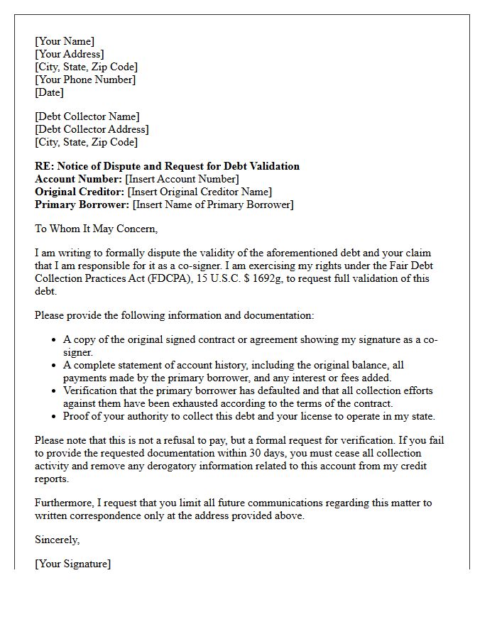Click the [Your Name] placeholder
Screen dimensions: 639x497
pyautogui.click(x=65, y=41)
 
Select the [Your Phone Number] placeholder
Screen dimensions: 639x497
pyautogui.click(x=85, y=80)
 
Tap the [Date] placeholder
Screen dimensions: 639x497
pyautogui.click(x=50, y=92)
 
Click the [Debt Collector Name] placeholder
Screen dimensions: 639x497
pyautogui.click(x=87, y=116)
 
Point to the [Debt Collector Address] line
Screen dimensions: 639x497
pyautogui.click(x=92, y=129)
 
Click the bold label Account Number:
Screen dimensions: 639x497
pyautogui.click(x=78, y=179)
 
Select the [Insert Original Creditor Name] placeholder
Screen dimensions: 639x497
pyautogui.click(x=200, y=192)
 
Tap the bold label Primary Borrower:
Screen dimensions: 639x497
pyautogui.click(x=82, y=204)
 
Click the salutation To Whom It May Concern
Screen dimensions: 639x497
pyautogui.click(x=96, y=229)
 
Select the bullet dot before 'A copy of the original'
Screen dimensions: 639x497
pyautogui.click(x=54, y=340)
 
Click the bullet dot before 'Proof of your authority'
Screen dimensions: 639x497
pyautogui.click(x=54, y=417)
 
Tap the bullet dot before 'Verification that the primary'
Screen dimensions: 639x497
pyautogui.click(x=54, y=391)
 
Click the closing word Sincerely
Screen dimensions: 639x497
pyautogui.click(x=57, y=540)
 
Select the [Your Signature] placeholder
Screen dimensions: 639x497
pyautogui.click(x=73, y=564)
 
